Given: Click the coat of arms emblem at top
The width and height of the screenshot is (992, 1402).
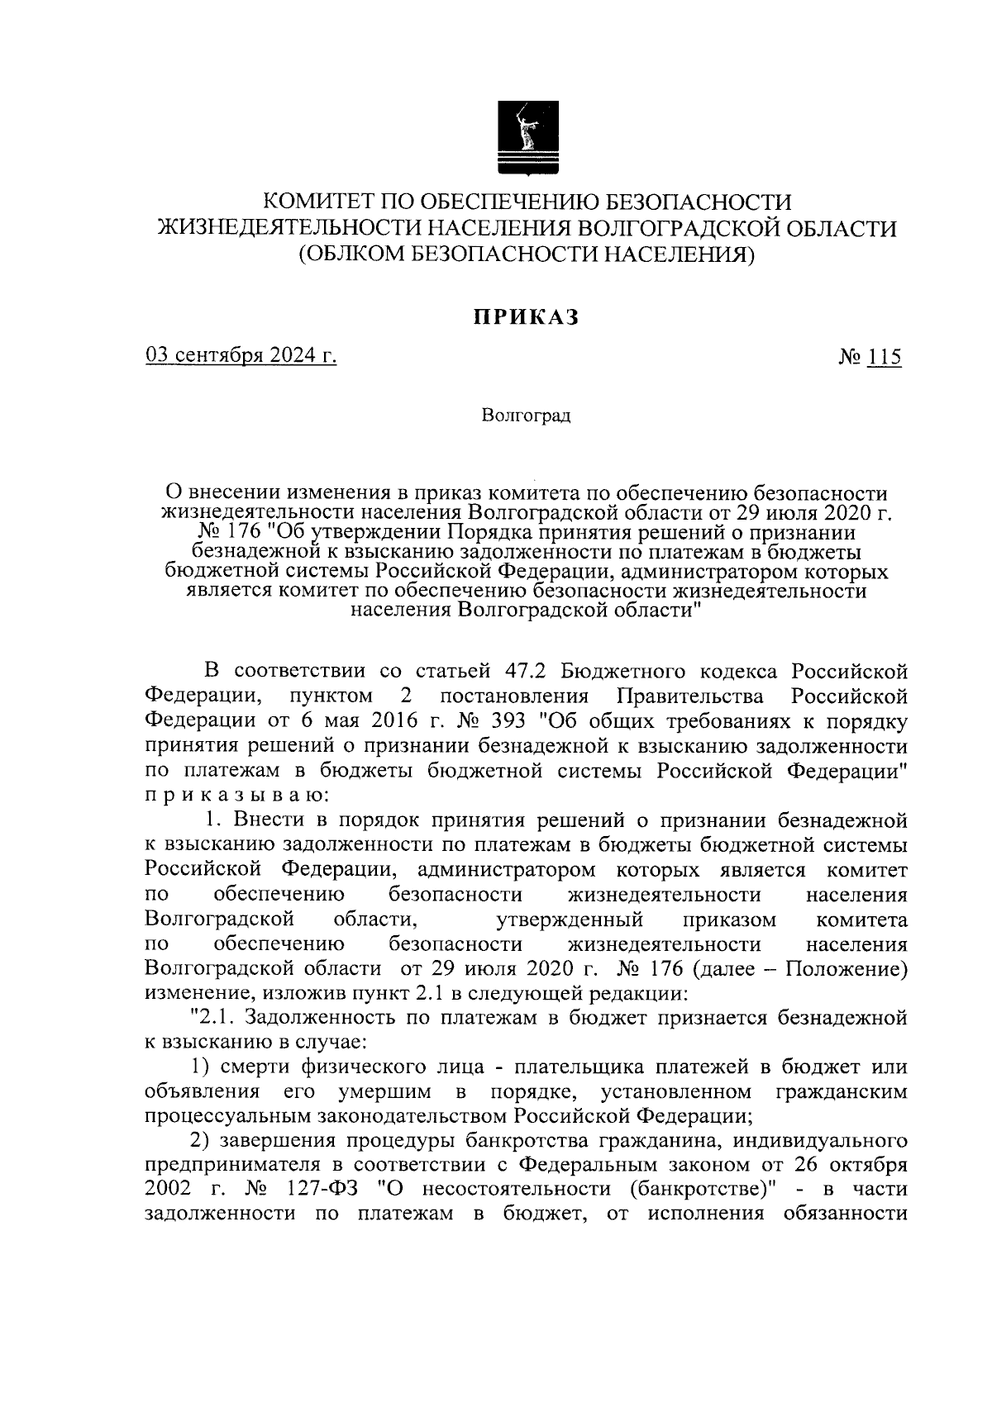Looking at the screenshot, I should coord(527,137).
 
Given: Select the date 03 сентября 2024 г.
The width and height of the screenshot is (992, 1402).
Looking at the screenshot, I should coord(241,357).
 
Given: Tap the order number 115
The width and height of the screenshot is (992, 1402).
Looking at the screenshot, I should coord(884,358).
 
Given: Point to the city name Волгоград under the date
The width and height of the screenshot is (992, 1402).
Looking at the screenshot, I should coord(526,416).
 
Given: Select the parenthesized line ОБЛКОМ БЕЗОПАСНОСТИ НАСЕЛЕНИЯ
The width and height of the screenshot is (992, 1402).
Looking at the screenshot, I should coord(527,254).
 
